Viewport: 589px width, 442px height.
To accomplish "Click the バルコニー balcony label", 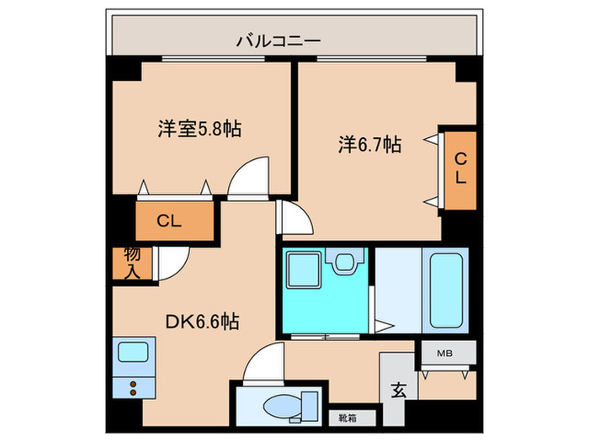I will (x=278, y=40).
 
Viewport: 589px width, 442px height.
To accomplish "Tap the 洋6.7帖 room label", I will (x=369, y=145).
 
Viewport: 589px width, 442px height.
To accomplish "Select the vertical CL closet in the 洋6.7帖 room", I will (x=460, y=171).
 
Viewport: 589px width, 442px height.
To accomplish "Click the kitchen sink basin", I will (x=133, y=352).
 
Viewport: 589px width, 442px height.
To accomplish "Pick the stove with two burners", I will (x=133, y=387).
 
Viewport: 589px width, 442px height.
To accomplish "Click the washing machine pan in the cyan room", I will (x=301, y=271).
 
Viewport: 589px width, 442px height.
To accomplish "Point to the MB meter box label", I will (x=445, y=354).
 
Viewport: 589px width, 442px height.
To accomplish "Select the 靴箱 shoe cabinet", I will (x=346, y=416).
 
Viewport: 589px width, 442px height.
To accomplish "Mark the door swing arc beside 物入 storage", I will (x=168, y=263).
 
